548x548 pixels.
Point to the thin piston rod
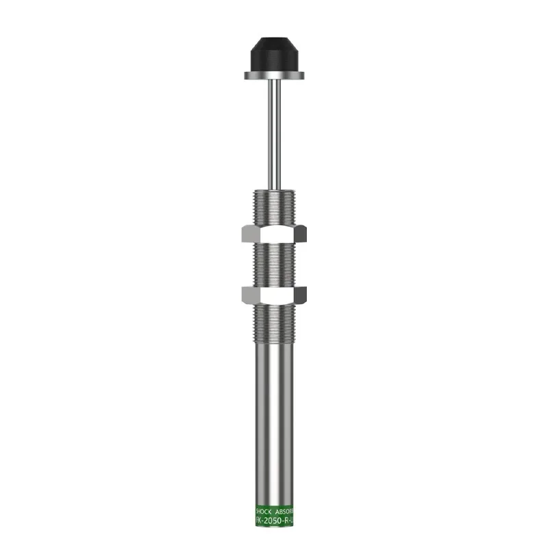(x=273, y=130)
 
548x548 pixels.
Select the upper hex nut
(x=273, y=234)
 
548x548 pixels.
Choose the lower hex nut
(x=273, y=295)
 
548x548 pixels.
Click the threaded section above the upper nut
(x=273, y=207)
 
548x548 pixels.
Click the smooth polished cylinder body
(x=273, y=425)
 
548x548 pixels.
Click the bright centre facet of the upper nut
(x=273, y=234)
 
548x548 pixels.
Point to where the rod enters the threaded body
(x=273, y=188)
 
